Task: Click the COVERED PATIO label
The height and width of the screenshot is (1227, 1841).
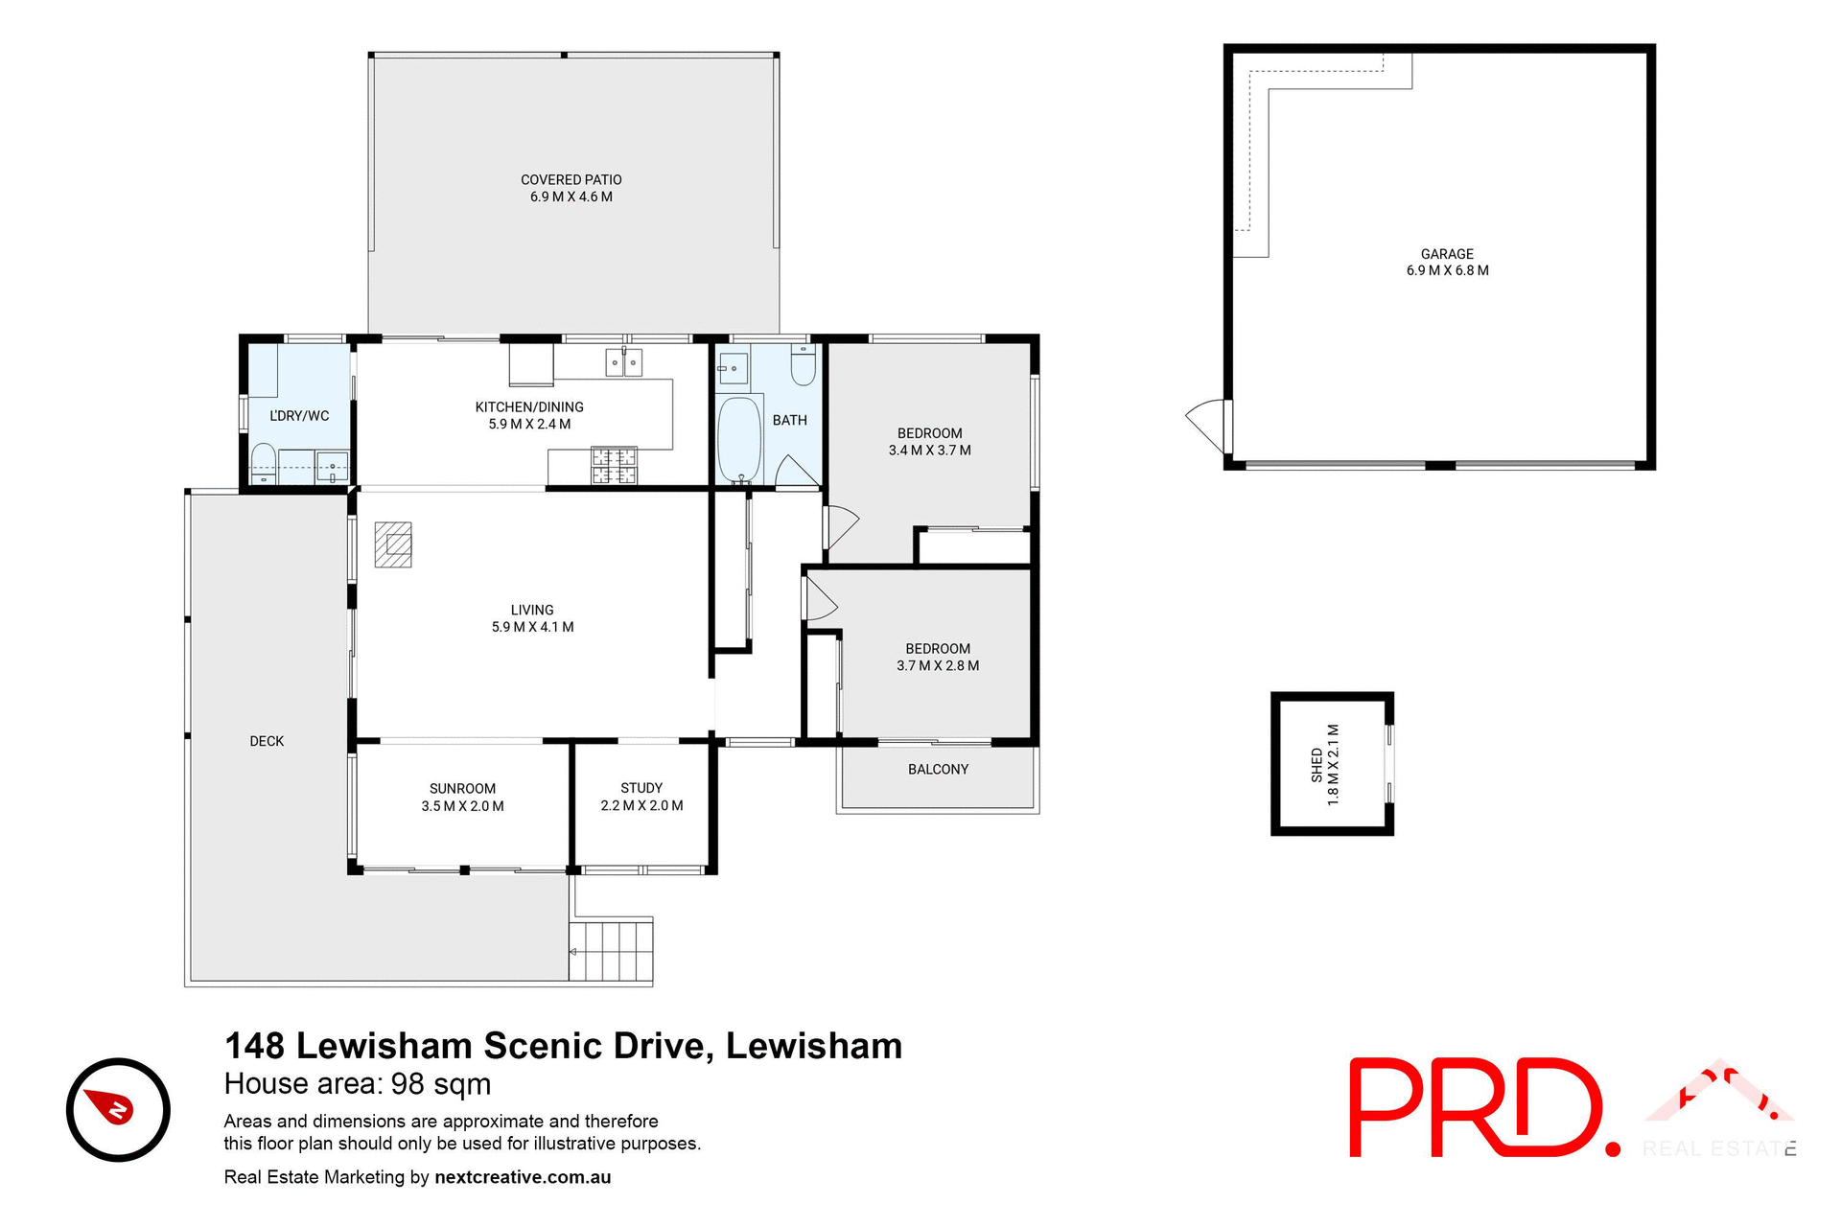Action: [x=571, y=180]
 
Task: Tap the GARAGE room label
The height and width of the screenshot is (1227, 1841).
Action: [x=1447, y=254]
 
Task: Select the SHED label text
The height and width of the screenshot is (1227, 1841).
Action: [x=1317, y=765]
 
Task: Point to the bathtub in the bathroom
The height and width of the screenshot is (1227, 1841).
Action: [x=739, y=440]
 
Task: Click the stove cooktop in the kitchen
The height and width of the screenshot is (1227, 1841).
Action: [x=614, y=466]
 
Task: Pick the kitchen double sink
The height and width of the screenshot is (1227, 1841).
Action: [x=624, y=362]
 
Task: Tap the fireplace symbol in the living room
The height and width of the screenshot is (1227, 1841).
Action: [x=393, y=544]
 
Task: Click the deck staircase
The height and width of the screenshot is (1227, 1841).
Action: [x=611, y=950]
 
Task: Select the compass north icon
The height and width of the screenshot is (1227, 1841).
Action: [x=118, y=1109]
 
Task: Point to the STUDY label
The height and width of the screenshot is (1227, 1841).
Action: [x=641, y=788]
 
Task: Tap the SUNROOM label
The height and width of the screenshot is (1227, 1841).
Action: [x=462, y=789]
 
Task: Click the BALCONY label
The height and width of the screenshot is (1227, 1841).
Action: [x=938, y=770]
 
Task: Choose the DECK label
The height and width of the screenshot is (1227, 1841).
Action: [x=267, y=741]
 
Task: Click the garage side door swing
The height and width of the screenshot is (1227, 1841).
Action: [x=1206, y=423]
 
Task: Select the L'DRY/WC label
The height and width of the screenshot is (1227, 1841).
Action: [x=299, y=416]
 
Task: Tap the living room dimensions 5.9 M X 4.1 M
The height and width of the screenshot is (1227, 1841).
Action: [x=532, y=627]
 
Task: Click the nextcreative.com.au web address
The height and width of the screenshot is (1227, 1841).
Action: [x=523, y=1177]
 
